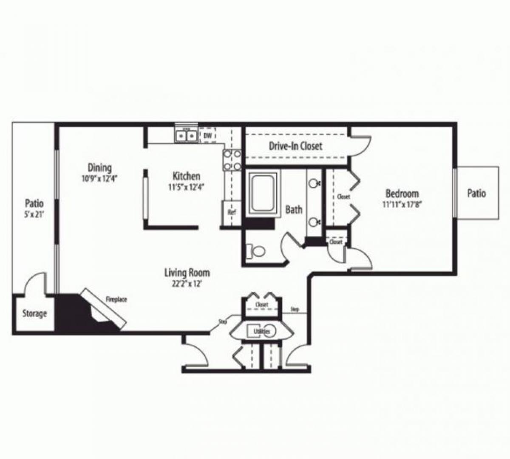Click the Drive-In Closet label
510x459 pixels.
295,146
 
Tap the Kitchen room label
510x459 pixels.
186,176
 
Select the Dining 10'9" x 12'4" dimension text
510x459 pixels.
99,178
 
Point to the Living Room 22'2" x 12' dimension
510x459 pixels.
187,284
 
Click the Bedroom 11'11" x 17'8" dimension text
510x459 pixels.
402,204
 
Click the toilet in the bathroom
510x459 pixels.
256,251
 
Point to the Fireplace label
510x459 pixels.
116,300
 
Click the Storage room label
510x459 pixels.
34,314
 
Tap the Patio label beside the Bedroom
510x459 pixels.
476,193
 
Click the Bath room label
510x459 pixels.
294,209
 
